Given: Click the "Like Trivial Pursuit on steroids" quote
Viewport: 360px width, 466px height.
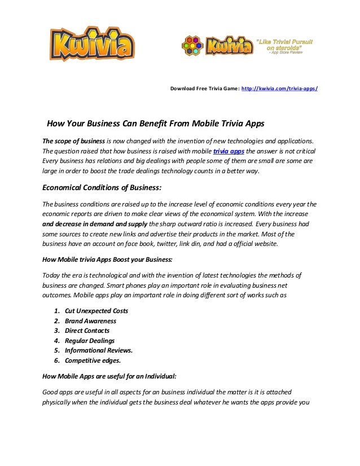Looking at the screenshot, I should pos(285,45).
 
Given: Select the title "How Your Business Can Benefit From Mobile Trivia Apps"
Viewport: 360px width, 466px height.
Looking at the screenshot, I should pos(155,124).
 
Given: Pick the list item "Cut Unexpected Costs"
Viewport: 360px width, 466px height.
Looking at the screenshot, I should pos(96,310).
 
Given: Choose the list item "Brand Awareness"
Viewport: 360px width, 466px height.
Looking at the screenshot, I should pos(90,320).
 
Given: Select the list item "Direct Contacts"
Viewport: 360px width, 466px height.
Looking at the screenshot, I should pos(87,331).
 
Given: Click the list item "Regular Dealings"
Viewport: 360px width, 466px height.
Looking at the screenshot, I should pos(90,341).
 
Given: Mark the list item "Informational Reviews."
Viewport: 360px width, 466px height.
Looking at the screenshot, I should pos(99,350).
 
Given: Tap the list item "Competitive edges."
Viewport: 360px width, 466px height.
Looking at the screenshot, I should pos(93,361).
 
